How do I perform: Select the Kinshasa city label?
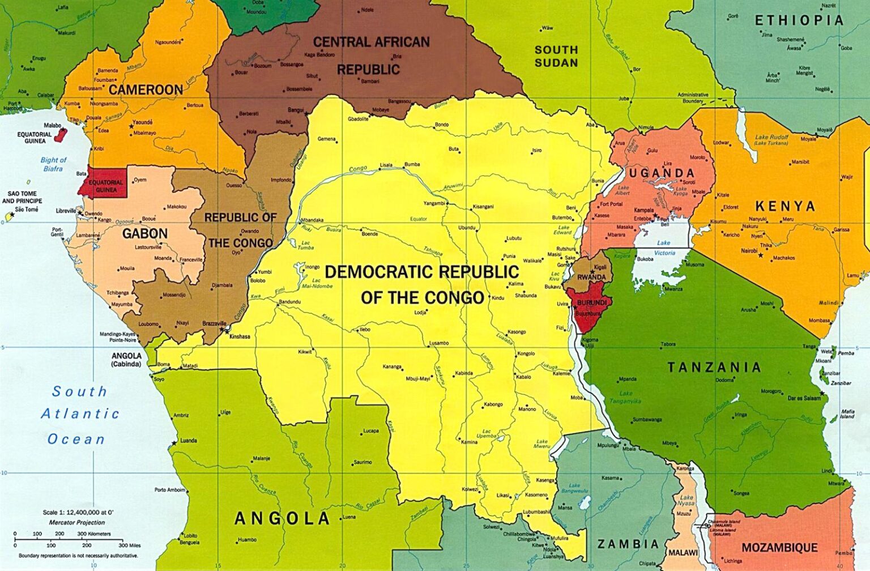pyautogui.click(x=240, y=336)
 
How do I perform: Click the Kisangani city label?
pyautogui.click(x=483, y=207)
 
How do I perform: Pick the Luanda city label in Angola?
pyautogui.click(x=188, y=440)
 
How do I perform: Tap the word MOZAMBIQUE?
pyautogui.click(x=779, y=548)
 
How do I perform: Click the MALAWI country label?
pyautogui.click(x=683, y=552)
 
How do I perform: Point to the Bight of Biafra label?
pyautogui.click(x=54, y=164)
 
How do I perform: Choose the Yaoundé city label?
pyautogui.click(x=142, y=122)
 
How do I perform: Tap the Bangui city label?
pyautogui.click(x=296, y=110)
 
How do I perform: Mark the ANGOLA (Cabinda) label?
pyautogui.click(x=126, y=360)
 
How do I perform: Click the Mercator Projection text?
pyautogui.click(x=77, y=522)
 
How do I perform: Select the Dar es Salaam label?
pyautogui.click(x=804, y=398)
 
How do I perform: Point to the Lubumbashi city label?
pyautogui.click(x=536, y=512)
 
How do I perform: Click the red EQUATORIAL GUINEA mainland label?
pyautogui.click(x=106, y=186)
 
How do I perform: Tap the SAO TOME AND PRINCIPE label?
pyautogui.click(x=22, y=197)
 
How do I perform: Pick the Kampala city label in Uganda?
pyautogui.click(x=643, y=210)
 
